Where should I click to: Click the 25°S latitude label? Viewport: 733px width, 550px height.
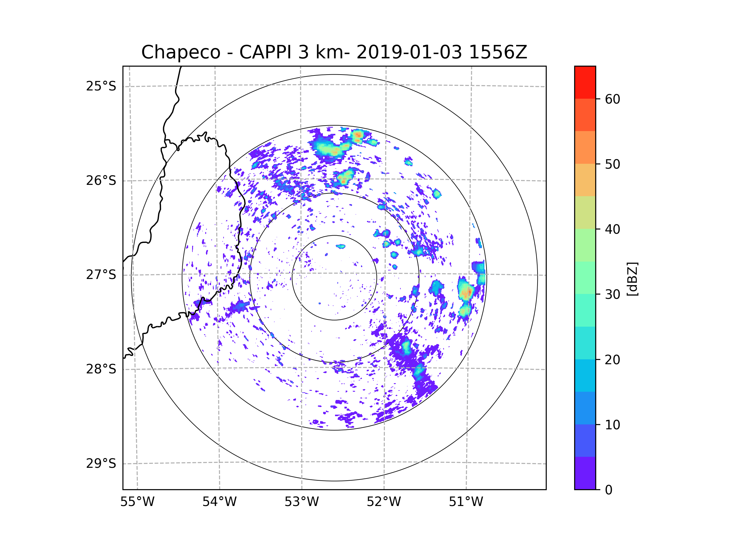tap(101, 86)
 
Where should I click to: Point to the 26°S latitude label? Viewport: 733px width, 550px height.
tap(101, 181)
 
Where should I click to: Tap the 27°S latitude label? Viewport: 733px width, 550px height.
tap(101, 275)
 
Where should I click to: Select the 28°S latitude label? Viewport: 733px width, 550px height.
tap(101, 369)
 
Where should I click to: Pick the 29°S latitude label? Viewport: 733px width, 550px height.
tap(101, 464)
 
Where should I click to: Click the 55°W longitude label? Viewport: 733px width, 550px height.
tap(137, 502)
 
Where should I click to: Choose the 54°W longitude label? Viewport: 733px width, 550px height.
tap(219, 502)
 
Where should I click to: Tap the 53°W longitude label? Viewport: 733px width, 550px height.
tap(301, 502)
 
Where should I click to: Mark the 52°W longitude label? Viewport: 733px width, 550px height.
tap(384, 502)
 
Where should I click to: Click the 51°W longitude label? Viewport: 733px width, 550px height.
tap(466, 502)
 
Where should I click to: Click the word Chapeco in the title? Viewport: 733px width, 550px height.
tap(181, 52)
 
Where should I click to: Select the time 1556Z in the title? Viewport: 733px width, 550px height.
tap(498, 52)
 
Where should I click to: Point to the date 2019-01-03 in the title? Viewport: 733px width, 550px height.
tap(409, 52)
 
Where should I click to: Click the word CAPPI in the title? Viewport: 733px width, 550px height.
tap(265, 52)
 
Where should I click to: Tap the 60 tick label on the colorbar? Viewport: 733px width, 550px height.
tap(612, 99)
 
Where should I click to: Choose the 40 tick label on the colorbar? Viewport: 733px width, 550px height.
tap(612, 229)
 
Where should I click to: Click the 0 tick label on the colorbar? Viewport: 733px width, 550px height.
tap(609, 490)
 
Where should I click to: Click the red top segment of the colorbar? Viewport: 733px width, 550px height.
tap(585, 82)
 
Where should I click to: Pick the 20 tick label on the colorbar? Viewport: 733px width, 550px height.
tap(612, 360)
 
